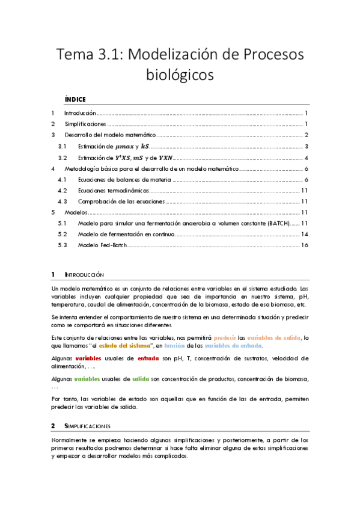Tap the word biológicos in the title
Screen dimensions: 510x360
click(180, 75)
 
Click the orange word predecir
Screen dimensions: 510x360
click(224, 337)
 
